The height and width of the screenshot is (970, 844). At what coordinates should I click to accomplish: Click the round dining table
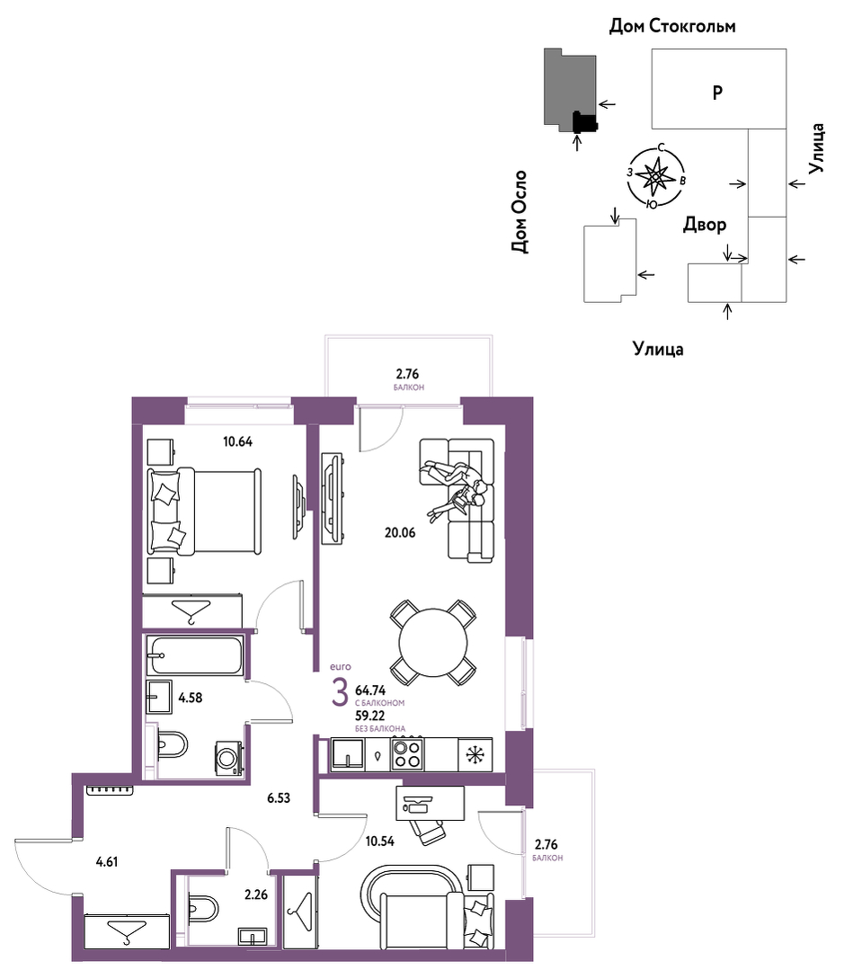433,642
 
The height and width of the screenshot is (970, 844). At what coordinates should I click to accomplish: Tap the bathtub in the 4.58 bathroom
194,654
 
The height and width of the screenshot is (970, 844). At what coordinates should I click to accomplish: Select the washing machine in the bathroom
229,757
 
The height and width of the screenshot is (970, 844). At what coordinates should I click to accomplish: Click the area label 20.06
400,532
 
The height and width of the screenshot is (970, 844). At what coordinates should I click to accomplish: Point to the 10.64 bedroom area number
237,441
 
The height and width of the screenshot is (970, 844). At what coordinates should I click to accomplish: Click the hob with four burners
407,754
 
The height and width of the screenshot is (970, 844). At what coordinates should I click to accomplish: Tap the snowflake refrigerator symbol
475,755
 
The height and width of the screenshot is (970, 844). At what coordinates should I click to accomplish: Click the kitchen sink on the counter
347,754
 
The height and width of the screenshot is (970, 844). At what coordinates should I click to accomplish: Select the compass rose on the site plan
655,177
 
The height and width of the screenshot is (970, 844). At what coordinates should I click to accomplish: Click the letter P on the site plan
717,93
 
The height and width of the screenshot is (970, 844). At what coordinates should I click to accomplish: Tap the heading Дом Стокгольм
672,26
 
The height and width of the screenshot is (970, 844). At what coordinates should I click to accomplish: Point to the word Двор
705,224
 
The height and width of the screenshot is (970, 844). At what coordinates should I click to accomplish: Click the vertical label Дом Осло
520,212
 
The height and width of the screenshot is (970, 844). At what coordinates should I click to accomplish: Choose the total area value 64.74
370,690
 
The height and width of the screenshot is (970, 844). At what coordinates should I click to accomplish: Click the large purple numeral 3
340,692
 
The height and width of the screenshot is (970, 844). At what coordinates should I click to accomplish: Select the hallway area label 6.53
279,798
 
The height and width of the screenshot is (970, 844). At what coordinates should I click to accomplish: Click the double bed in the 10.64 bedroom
204,511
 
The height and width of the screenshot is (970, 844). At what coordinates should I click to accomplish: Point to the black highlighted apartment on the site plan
584,122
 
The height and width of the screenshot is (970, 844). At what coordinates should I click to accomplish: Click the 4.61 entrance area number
106,862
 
